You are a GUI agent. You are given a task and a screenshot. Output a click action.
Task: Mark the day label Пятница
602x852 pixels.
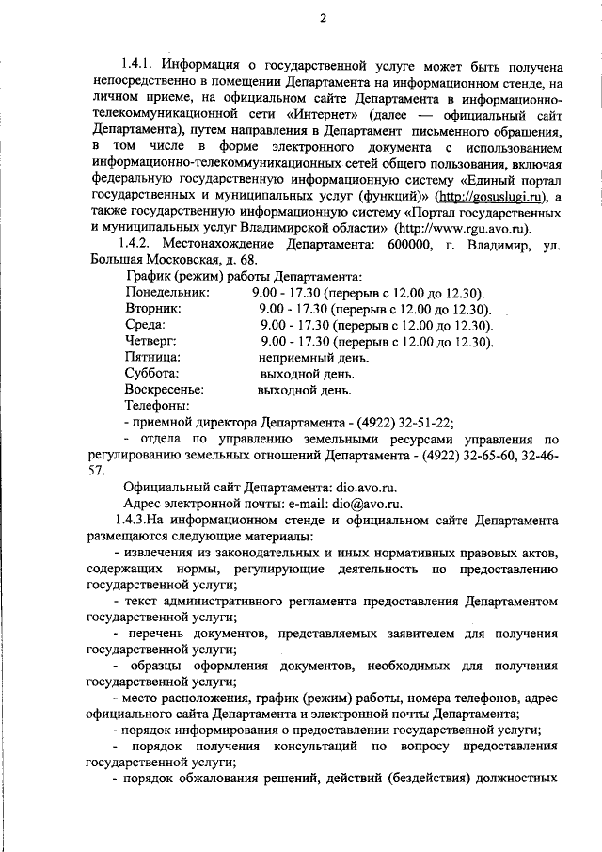153,357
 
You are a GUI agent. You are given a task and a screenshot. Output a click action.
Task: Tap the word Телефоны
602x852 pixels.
157,405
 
